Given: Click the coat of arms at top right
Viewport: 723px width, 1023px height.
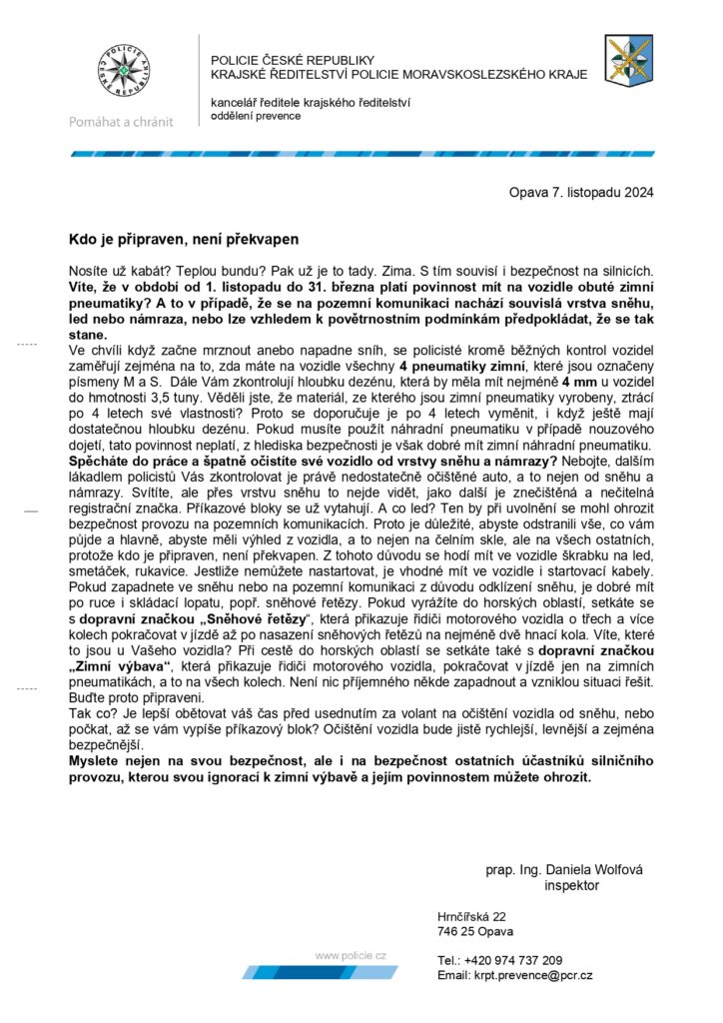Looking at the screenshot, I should tap(629, 60).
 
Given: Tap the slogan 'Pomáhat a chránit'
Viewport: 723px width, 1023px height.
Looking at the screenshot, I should tap(121, 122).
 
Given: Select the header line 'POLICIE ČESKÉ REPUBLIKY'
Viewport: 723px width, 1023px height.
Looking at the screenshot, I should tap(292, 60).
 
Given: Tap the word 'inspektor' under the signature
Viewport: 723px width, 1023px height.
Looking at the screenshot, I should tap(571, 885).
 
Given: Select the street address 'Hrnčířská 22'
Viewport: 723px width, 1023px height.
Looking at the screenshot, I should tap(471, 916).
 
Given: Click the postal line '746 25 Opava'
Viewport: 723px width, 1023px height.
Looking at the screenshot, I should tap(474, 931).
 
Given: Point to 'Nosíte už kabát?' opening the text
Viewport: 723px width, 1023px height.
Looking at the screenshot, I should tap(119, 271).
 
